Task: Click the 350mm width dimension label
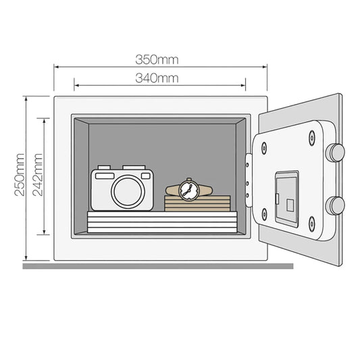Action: point(157,59)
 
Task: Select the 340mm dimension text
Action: point(157,78)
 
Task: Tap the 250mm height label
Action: point(20,174)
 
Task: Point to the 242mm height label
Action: point(37,174)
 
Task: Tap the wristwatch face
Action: point(188,190)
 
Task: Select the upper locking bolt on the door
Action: point(336,153)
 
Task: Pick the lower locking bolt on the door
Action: point(336,205)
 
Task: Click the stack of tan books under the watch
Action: point(197,203)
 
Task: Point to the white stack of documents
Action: point(162,222)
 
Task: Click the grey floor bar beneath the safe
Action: point(158,266)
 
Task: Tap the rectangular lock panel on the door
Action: point(287,199)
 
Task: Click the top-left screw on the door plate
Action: point(264,148)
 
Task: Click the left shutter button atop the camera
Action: point(104,168)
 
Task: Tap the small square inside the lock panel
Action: point(290,205)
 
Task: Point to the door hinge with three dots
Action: point(249,180)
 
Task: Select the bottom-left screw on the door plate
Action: point(264,214)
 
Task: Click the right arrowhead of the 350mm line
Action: point(265,67)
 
